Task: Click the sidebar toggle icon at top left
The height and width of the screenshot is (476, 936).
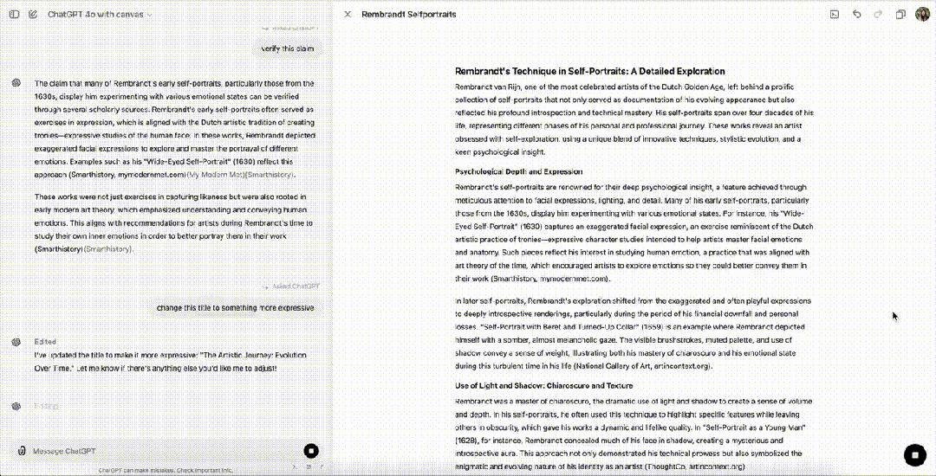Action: (13, 14)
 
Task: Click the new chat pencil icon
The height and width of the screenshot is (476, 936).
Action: (32, 14)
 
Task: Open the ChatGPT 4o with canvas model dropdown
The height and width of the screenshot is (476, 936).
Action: (100, 15)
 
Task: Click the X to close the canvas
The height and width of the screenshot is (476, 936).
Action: (348, 14)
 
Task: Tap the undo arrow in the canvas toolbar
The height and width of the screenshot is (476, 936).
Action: (857, 14)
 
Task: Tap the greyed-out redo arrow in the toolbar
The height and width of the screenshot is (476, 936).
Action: (877, 14)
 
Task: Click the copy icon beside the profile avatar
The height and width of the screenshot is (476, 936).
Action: (900, 14)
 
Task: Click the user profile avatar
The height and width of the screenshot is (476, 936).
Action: (921, 14)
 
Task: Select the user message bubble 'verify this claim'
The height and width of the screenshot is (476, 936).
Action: (287, 49)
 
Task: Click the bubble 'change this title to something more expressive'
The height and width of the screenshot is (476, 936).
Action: (235, 307)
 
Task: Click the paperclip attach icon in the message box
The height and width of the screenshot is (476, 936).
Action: (21, 450)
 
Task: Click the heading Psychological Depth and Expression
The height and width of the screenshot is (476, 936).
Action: (518, 171)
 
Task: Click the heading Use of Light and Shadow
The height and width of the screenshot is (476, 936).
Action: (543, 385)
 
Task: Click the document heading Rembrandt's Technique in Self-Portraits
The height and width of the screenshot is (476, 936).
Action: (589, 71)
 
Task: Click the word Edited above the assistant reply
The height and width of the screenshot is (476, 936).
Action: (45, 342)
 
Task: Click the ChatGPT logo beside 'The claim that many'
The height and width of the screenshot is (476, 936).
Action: (16, 83)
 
